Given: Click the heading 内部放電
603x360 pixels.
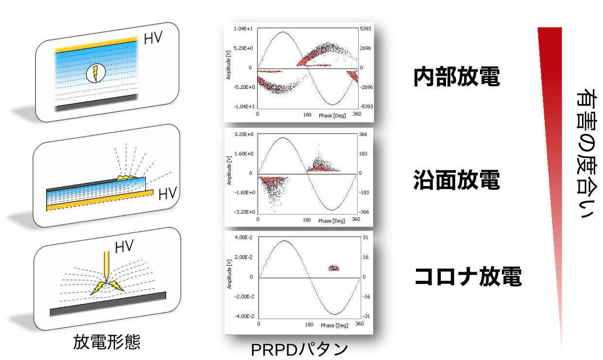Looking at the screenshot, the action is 457,77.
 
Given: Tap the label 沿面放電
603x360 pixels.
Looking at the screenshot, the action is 457,180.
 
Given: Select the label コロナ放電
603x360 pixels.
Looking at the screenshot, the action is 468,276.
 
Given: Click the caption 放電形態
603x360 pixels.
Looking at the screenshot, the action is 106,342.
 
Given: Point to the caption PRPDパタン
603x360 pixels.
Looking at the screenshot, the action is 299,349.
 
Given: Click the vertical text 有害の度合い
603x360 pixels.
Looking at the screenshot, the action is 586,154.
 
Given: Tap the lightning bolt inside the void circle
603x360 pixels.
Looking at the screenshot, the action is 95,73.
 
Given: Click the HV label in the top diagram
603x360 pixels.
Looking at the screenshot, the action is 153,38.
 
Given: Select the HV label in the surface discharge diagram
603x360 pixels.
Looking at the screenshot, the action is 168,193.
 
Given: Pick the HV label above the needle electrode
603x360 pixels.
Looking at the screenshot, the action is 124,246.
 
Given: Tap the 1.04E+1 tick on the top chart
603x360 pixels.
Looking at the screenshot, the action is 243,29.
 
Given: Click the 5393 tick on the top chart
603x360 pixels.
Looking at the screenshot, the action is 365,29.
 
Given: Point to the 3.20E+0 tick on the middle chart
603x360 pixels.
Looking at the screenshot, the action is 244,134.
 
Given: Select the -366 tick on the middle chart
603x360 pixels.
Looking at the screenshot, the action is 364,212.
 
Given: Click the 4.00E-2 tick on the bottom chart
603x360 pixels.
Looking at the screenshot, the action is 243,237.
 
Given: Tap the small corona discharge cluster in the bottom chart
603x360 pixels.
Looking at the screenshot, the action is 334,268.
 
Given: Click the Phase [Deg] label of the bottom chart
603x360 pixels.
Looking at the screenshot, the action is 334,326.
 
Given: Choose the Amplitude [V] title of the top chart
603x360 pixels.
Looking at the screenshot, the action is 228,65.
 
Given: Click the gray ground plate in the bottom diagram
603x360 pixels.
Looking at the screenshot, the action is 108,304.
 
